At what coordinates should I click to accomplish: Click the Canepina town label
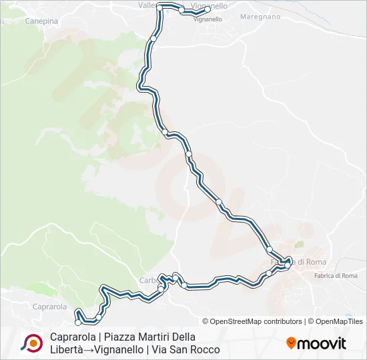41,21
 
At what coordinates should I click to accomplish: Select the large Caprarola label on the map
49,307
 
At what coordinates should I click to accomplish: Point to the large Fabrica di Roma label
304,262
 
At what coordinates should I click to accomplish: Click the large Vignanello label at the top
210,5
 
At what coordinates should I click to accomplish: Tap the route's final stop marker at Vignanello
208,10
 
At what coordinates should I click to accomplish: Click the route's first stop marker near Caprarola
79,322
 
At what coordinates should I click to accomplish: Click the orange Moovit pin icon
291,343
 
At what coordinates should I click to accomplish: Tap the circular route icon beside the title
31,343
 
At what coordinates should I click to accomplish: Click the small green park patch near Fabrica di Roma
298,245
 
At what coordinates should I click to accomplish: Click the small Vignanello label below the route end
208,19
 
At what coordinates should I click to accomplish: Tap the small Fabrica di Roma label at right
338,275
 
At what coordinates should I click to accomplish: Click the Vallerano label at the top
146,5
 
